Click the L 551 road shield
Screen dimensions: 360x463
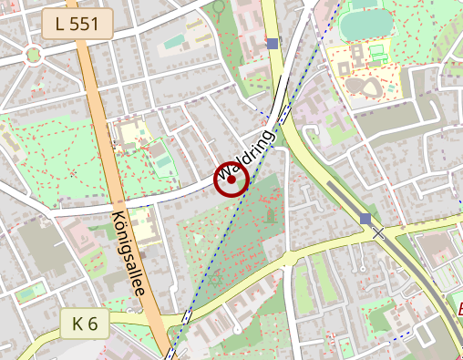(76, 24)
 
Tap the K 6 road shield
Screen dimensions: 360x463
(85, 322)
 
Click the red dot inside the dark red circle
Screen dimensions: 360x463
(231, 180)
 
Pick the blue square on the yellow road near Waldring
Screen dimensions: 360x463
(272, 43)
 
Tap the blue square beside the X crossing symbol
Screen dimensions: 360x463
(365, 219)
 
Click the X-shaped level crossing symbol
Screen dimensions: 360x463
(378, 232)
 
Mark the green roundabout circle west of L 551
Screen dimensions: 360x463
(34, 55)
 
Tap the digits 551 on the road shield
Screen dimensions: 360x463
(85, 24)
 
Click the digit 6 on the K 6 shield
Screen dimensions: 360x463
(93, 322)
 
